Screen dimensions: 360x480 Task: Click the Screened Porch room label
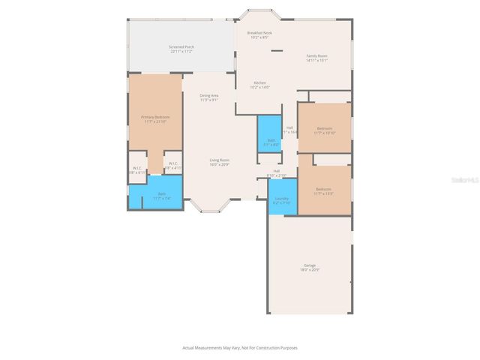point(181,47)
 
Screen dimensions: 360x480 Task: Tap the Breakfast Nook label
point(259,33)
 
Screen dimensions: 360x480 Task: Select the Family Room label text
point(316,56)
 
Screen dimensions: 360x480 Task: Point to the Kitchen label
point(259,82)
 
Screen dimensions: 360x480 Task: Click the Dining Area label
point(209,95)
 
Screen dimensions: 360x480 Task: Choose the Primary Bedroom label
point(155,117)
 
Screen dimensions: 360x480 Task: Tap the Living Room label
point(219,160)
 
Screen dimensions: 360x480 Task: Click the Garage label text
point(309,265)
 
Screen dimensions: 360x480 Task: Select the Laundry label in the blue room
point(281,199)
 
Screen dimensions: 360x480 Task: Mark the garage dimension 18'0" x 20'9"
point(309,270)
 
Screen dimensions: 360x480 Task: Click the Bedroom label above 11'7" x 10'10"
point(324,128)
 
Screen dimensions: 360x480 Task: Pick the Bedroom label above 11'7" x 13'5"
point(324,189)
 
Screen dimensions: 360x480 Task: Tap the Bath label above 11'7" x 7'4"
point(161,194)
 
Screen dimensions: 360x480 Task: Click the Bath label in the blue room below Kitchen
point(271,140)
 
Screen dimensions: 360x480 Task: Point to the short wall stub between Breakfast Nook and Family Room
point(277,51)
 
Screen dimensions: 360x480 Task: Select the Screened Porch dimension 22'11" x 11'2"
point(181,52)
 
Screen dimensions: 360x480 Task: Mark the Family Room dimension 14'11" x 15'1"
point(316,61)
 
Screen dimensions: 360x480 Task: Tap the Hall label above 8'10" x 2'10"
point(276,171)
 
